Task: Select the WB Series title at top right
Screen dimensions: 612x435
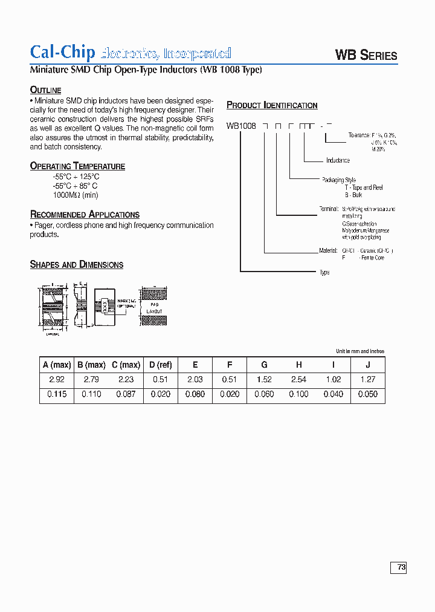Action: click(x=366, y=56)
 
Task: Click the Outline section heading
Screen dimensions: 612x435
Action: click(x=46, y=90)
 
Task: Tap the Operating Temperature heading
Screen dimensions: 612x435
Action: click(x=77, y=166)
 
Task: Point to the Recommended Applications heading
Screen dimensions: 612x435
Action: click(x=85, y=215)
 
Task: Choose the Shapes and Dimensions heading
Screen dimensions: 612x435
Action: click(x=77, y=265)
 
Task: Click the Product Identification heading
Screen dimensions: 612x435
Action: click(x=272, y=105)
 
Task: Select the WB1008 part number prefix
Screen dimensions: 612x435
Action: click(x=241, y=126)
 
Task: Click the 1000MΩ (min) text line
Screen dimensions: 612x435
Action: click(x=75, y=195)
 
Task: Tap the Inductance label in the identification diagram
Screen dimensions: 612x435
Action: click(x=338, y=161)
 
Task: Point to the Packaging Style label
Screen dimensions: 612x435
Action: click(x=339, y=180)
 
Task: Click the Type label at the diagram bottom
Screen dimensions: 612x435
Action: click(x=324, y=273)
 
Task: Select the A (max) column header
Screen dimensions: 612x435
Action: click(x=57, y=365)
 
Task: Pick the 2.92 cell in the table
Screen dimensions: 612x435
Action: click(x=57, y=380)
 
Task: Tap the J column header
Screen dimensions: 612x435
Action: click(x=367, y=365)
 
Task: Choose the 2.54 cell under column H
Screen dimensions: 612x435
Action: click(x=298, y=380)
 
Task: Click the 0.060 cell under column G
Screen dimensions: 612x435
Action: click(x=264, y=394)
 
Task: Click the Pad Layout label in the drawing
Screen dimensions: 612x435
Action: click(x=155, y=308)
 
